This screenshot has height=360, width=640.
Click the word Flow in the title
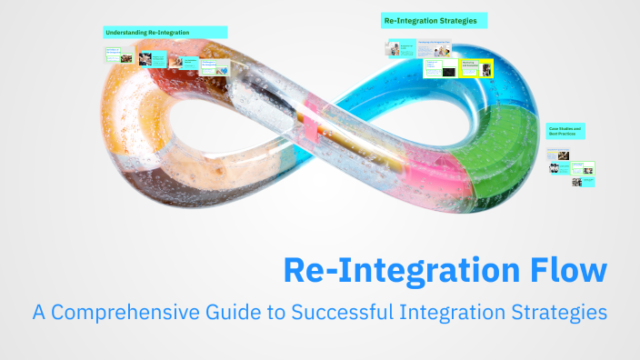pyautogui.click(x=565, y=271)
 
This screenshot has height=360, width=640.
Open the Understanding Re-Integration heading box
pyautogui.click(x=165, y=33)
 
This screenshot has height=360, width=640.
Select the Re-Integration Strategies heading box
pyautogui.click(x=435, y=20)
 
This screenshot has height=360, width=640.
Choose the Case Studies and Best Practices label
pyautogui.click(x=565, y=132)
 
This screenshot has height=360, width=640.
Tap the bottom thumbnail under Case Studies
pyautogui.click(x=577, y=182)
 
